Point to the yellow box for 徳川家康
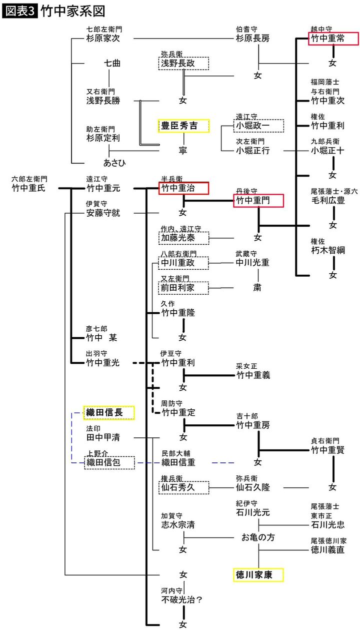(x=258, y=575)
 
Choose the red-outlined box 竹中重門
(x=258, y=201)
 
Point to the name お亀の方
(x=258, y=537)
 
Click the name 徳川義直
(x=327, y=549)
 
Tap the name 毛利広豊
(x=327, y=200)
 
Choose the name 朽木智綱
(x=327, y=250)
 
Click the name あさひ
(x=114, y=163)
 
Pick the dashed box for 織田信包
(x=109, y=462)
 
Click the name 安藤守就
(x=103, y=213)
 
